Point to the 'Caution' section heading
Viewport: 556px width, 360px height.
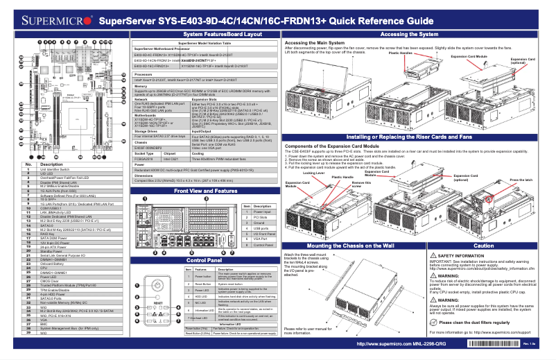pyautogui.click(x=483, y=246)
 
